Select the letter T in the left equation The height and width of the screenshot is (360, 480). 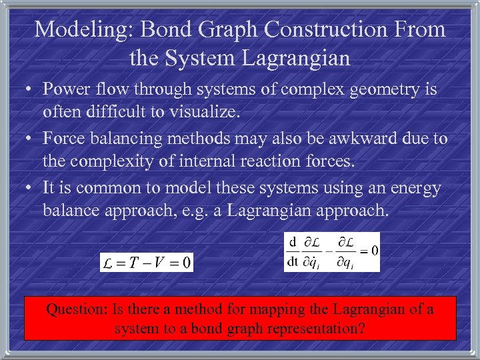pyautogui.click(x=133, y=262)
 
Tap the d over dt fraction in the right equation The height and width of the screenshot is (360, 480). pyautogui.click(x=292, y=251)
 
